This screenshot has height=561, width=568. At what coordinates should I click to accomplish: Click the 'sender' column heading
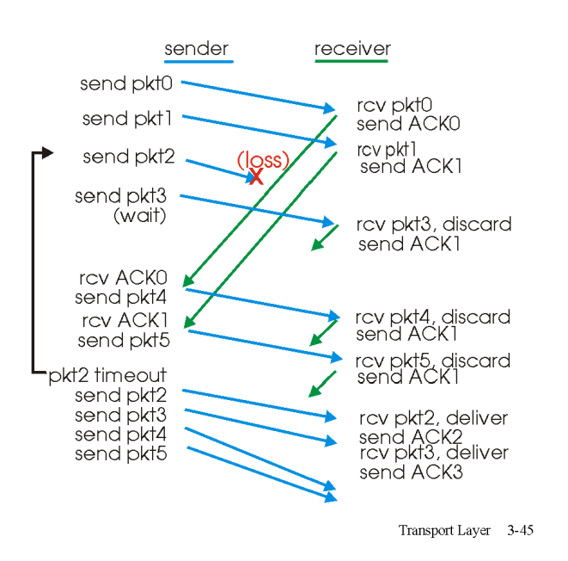coord(197,48)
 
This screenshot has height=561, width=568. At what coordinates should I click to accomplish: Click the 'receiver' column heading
coord(352,48)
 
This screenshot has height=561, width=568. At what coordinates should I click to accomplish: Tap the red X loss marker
coord(255,176)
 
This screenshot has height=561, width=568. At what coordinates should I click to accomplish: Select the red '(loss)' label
coord(263,160)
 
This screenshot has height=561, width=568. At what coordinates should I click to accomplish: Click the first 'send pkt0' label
coord(129,83)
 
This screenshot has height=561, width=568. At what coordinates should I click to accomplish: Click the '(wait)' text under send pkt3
coord(139,215)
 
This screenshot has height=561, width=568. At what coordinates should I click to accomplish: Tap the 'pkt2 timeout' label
coord(107,376)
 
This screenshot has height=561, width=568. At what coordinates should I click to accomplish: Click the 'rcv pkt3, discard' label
coord(434,225)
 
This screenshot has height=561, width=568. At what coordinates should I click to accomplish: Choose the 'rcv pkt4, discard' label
coord(432,317)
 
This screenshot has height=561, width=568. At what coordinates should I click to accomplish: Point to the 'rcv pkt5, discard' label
coord(432,361)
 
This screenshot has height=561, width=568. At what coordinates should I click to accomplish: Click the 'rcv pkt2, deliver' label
coord(433,419)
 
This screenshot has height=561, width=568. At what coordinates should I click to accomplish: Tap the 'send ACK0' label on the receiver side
coord(409,124)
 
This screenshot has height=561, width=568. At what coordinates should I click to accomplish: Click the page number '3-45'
coord(519,530)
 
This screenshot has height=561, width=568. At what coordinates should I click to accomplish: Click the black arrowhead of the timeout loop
coord(47,153)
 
